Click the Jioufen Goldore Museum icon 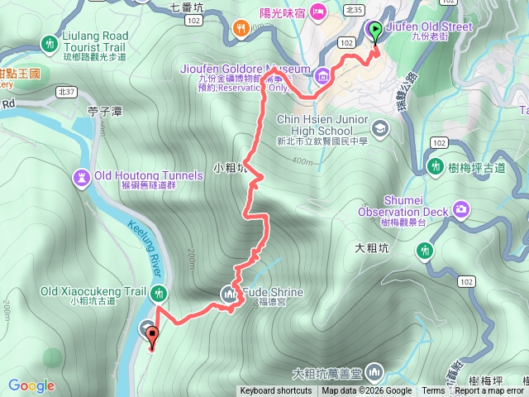coord(322,77)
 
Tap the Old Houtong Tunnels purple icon coord(82,176)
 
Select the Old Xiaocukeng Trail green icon coord(159,292)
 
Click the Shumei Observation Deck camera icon coord(460,207)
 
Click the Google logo coord(31,385)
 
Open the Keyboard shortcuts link coord(277,391)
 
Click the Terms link coord(433,391)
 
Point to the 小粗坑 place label coord(229,168)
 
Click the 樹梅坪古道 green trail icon coord(436,167)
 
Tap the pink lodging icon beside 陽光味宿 coord(318,11)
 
